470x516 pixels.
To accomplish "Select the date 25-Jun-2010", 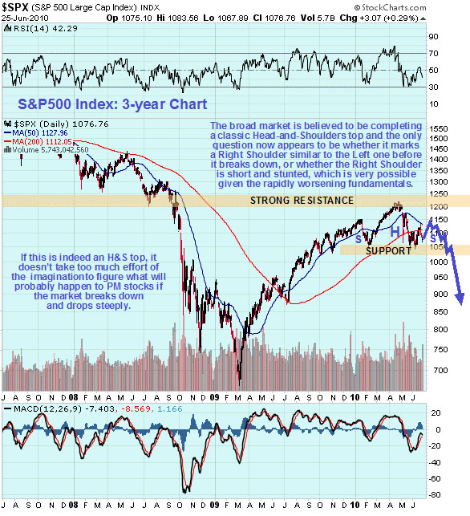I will pyautogui.click(x=24, y=18).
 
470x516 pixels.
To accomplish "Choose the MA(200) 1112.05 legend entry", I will pyautogui.click(x=47, y=141).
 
